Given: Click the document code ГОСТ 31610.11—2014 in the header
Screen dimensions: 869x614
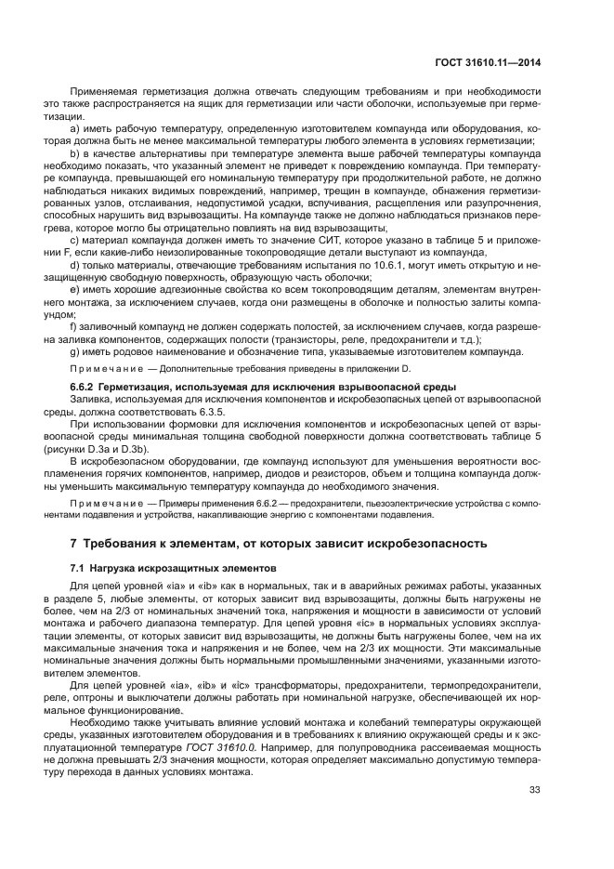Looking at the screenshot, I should click(x=489, y=63).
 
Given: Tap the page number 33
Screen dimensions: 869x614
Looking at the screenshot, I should click(x=534, y=790).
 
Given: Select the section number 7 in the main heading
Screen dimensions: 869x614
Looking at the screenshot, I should click(x=74, y=543).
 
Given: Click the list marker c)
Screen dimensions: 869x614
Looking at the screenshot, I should click(x=74, y=242).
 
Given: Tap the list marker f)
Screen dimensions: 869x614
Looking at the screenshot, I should click(x=73, y=326).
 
